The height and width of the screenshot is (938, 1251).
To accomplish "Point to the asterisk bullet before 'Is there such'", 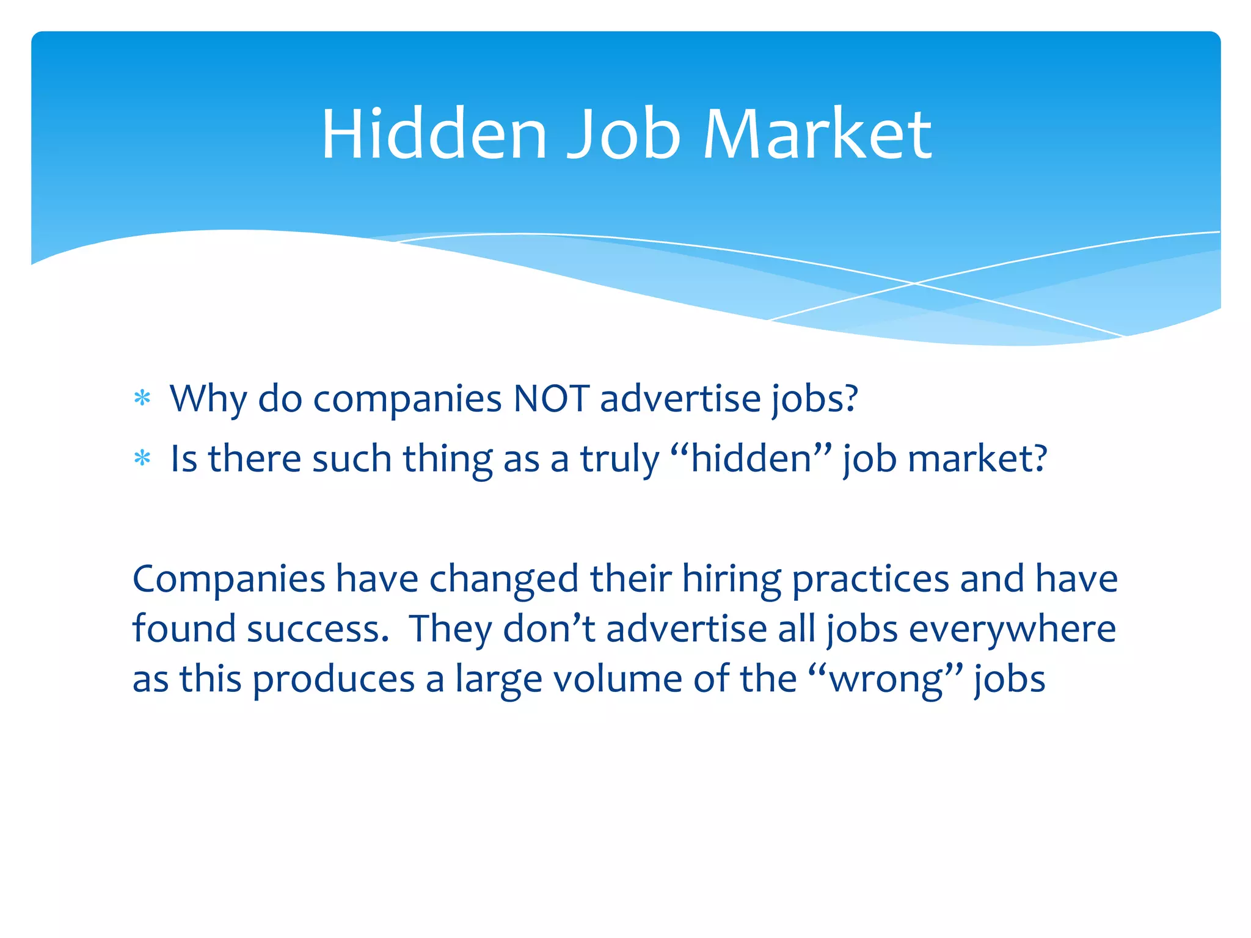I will [142, 459].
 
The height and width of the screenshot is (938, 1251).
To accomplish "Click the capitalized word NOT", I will [552, 399].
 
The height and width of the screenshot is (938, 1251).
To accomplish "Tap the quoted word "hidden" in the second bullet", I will [751, 459].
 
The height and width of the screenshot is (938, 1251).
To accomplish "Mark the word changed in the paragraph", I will [504, 579].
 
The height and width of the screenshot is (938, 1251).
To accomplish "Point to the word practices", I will [870, 579].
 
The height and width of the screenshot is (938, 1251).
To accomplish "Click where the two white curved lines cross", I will [914, 283].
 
